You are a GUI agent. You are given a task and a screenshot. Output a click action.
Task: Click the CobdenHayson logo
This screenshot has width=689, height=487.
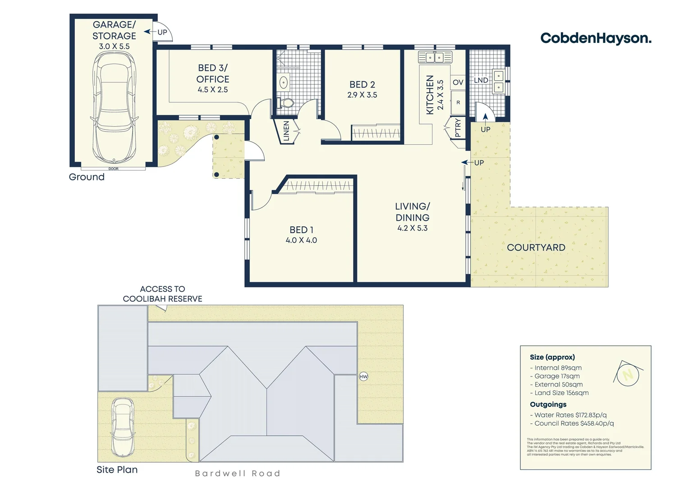(595, 38)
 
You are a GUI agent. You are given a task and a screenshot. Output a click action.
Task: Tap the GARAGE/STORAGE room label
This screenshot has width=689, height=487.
(114, 30)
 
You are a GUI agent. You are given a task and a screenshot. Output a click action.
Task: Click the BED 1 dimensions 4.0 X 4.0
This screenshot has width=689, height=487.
(301, 240)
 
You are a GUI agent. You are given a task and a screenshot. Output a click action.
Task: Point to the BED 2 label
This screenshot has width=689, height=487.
(362, 84)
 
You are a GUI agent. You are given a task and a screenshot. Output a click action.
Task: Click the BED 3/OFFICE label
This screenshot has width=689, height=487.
(213, 74)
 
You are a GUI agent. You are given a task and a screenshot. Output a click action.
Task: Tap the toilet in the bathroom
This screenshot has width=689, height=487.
(285, 103)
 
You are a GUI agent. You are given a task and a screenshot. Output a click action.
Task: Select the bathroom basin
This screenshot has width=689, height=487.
(284, 83)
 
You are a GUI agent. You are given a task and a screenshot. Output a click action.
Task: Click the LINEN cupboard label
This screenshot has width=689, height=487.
(286, 131)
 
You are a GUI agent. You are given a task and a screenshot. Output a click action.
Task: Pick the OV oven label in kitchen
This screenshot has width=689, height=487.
(458, 82)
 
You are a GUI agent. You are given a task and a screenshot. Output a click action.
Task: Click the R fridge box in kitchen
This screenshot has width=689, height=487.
(458, 103)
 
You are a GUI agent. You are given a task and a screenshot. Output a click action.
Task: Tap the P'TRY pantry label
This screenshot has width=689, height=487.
(458, 128)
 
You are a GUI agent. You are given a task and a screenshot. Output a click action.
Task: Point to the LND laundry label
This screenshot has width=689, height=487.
(481, 80)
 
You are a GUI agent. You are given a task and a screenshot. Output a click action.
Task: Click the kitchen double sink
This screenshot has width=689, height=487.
(435, 57)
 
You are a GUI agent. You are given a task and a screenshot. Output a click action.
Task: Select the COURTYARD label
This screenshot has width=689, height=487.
(536, 248)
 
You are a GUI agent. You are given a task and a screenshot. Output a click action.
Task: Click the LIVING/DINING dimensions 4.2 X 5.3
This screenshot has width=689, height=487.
(412, 228)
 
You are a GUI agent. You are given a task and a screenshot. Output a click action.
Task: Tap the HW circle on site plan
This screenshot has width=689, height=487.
(363, 377)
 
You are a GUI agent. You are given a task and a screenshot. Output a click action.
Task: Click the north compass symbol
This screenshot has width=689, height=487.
(627, 374)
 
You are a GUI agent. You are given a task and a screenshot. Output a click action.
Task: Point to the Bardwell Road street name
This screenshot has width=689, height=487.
(238, 473)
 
